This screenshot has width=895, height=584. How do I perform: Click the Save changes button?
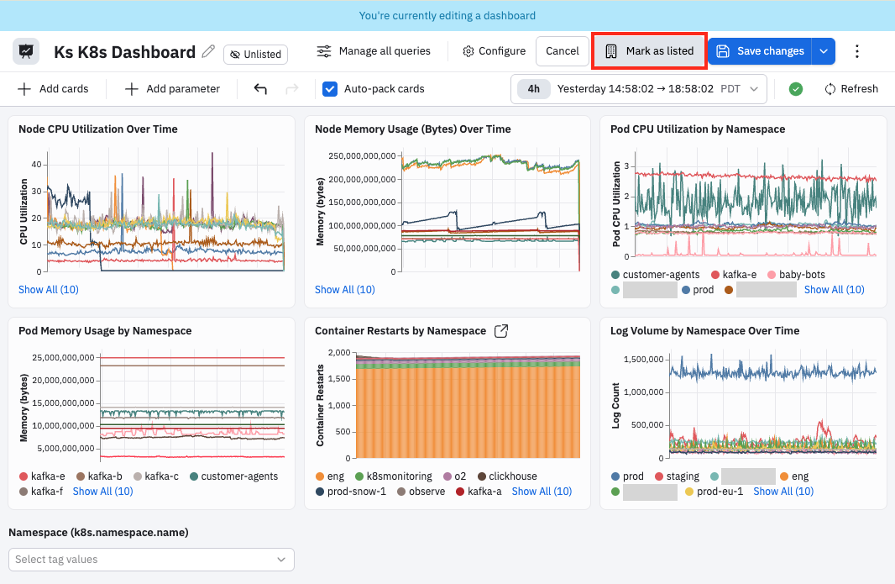pos(760,51)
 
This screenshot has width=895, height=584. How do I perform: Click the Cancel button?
pos(563,51)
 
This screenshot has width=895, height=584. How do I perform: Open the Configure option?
pos(495,51)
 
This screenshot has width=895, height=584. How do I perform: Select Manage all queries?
pos(374,51)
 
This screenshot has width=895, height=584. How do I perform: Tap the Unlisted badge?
pos(256,55)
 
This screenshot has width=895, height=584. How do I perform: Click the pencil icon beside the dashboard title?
pos(208,51)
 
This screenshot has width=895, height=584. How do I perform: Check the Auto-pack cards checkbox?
pos(330,89)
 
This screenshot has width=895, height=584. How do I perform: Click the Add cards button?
pos(53,89)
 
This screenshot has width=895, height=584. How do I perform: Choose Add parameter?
pos(172,89)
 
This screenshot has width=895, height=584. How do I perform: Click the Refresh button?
pos(851,89)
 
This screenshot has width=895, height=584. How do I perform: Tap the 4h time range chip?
pos(534,89)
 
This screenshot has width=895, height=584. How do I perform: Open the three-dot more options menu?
pos(856,51)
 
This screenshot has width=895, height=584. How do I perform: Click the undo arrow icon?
pos(260,88)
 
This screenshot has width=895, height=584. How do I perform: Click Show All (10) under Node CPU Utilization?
pos(49,290)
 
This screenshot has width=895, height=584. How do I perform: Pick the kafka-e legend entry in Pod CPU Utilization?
pos(734,275)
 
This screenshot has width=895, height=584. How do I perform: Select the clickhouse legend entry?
pos(507,476)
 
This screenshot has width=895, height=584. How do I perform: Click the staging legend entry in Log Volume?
pos(677,476)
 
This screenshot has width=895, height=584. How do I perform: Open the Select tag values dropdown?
pos(151,560)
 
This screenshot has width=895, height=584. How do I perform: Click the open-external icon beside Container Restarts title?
pos(501,331)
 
